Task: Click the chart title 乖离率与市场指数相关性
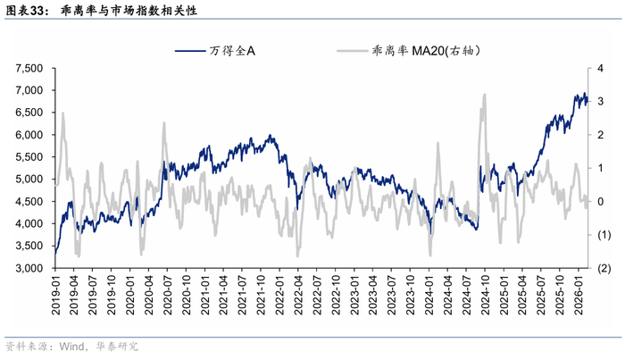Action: [x=129, y=11]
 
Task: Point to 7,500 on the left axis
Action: [x=29, y=68]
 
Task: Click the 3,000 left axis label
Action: [x=29, y=268]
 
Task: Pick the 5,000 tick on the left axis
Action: [x=29, y=179]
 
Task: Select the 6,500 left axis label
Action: [x=29, y=113]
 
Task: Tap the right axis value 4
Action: [x=600, y=68]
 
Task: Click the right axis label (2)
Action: [x=604, y=268]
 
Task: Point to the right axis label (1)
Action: [x=604, y=235]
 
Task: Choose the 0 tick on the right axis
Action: [x=600, y=201]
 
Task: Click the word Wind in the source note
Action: [x=71, y=346]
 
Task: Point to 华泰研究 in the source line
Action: [x=117, y=346]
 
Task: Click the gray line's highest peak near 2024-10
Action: [x=484, y=95]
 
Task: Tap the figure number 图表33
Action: [x=24, y=11]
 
